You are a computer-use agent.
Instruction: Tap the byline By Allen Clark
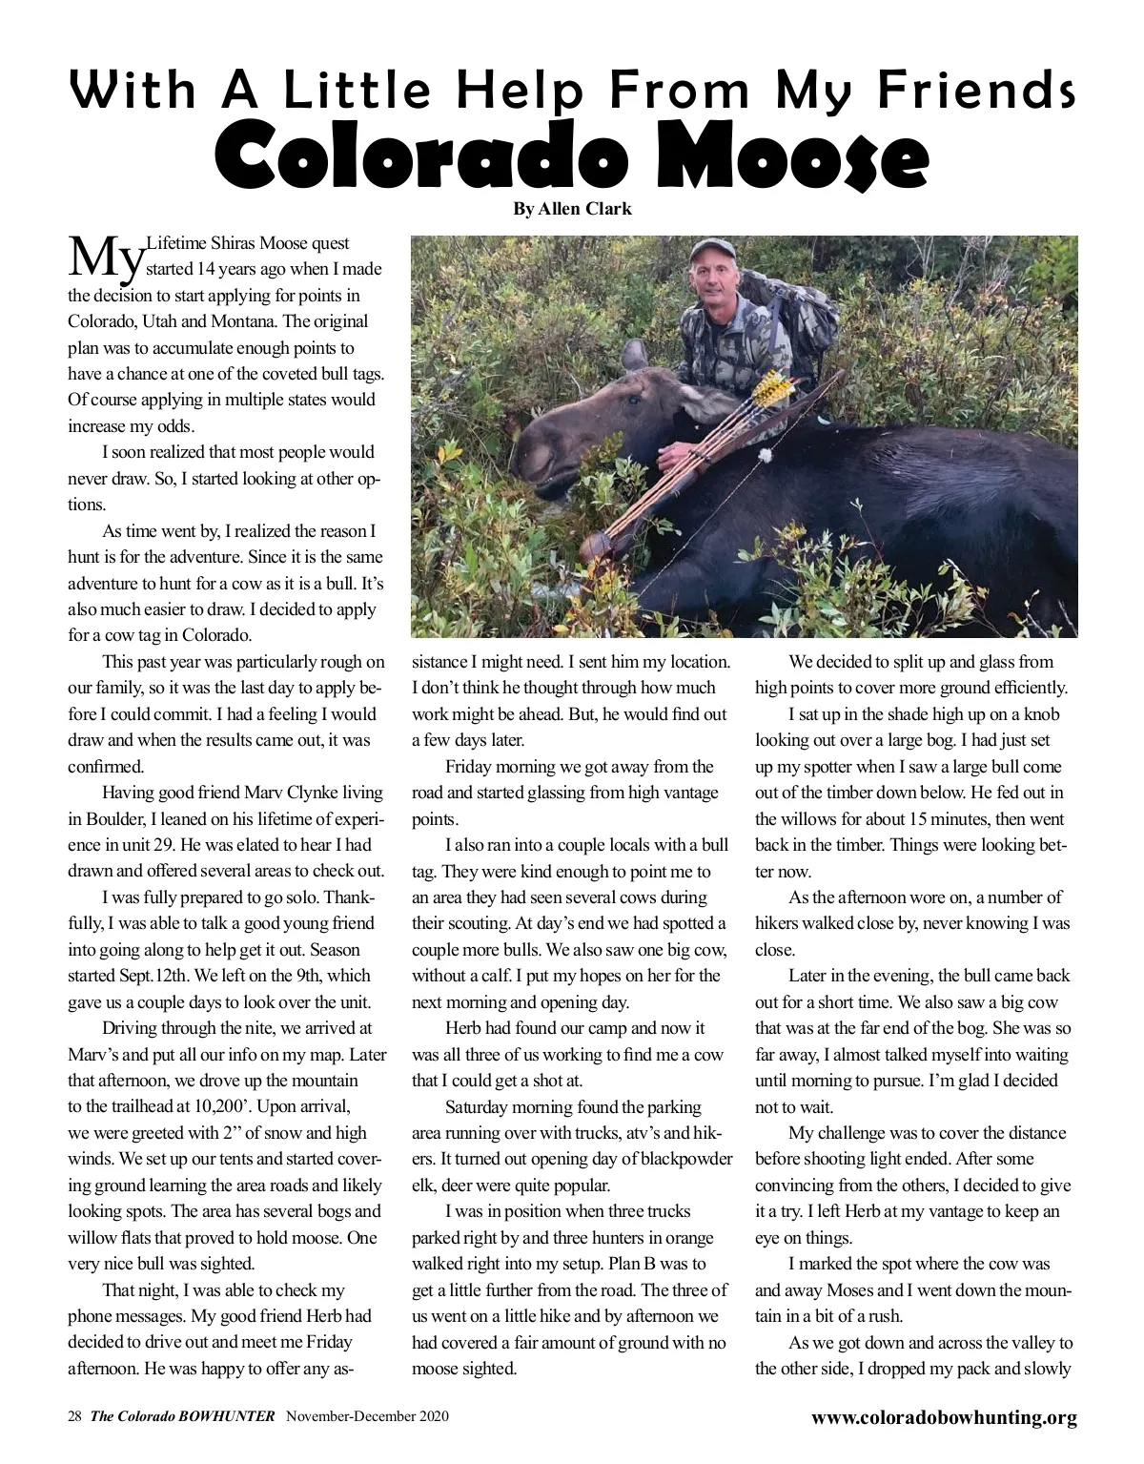click(x=572, y=209)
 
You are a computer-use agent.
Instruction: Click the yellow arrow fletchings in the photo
click(x=770, y=386)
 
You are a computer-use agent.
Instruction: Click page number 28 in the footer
click(x=74, y=1417)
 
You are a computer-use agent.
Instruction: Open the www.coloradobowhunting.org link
click(x=944, y=1417)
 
